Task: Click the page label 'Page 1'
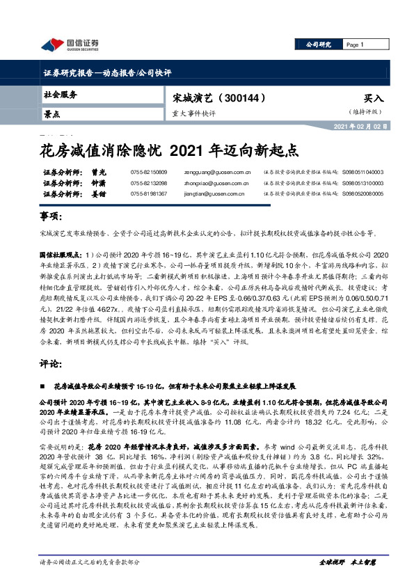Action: click(356, 45)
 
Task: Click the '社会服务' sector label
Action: click(61, 95)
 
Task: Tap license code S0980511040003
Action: click(363, 172)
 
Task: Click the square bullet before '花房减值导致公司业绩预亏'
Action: click(45, 385)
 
